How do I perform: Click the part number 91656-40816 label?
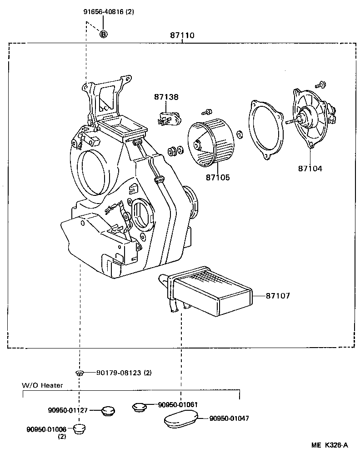(103, 12)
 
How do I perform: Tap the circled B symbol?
(104, 34)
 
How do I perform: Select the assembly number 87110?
(182, 35)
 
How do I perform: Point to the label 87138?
(166, 97)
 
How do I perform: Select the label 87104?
(310, 168)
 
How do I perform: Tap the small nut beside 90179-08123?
(79, 373)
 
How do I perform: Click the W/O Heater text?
(43, 385)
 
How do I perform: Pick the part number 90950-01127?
(68, 409)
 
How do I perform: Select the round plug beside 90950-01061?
(139, 406)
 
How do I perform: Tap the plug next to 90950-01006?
(80, 428)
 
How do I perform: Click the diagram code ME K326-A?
(330, 445)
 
